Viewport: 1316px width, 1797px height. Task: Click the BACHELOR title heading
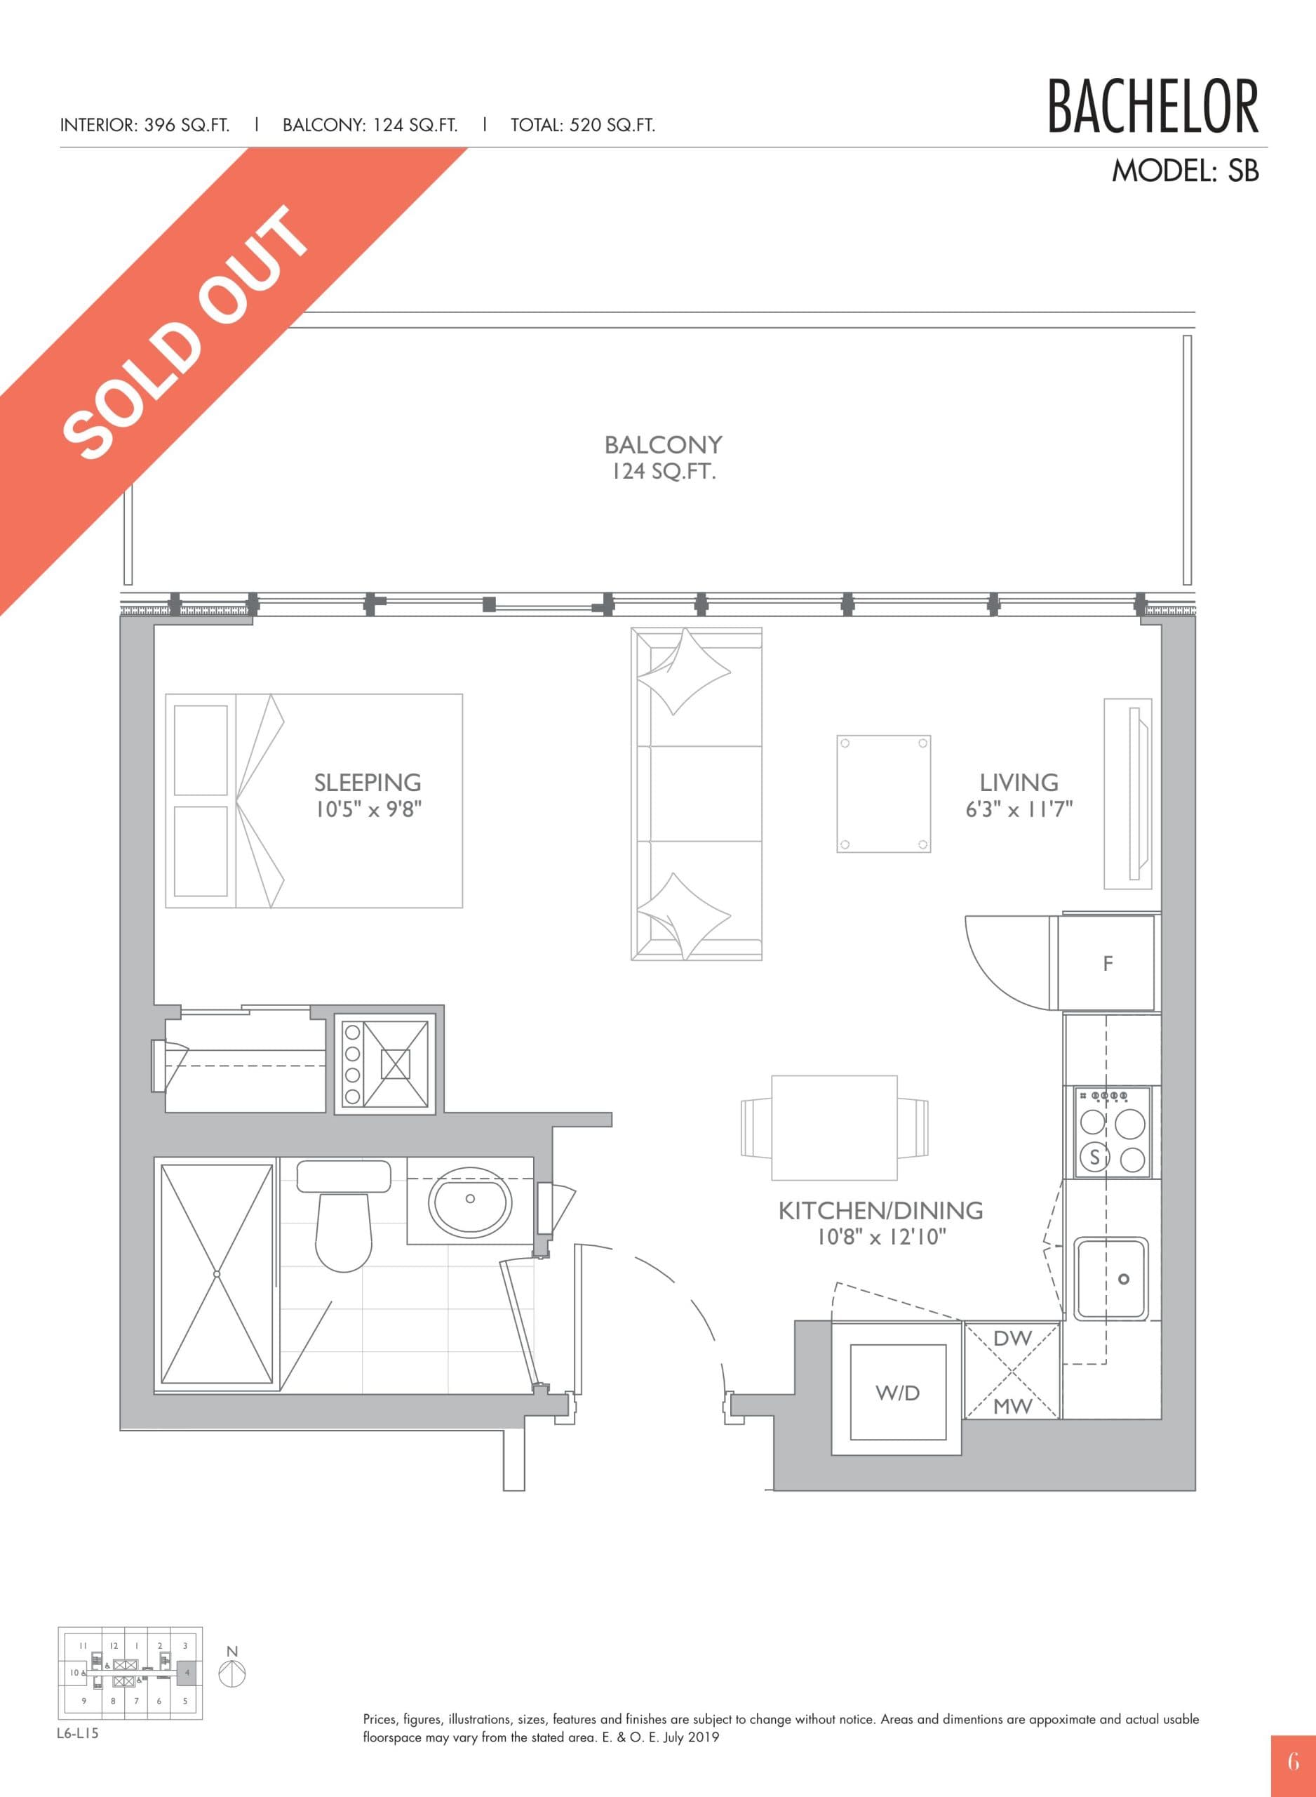point(1152,107)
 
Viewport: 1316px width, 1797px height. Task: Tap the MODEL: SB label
point(1185,171)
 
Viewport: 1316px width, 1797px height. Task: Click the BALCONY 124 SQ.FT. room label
point(663,458)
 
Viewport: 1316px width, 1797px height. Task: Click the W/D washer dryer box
point(898,1393)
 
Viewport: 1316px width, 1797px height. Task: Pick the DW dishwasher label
point(1012,1339)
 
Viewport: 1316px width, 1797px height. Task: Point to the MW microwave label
point(1012,1407)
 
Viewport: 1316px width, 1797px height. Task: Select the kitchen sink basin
point(1111,1278)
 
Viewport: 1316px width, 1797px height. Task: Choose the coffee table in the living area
point(883,794)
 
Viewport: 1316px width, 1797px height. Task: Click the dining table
point(834,1127)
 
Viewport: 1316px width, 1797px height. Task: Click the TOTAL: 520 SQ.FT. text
point(582,125)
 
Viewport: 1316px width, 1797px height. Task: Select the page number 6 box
point(1293,1760)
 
